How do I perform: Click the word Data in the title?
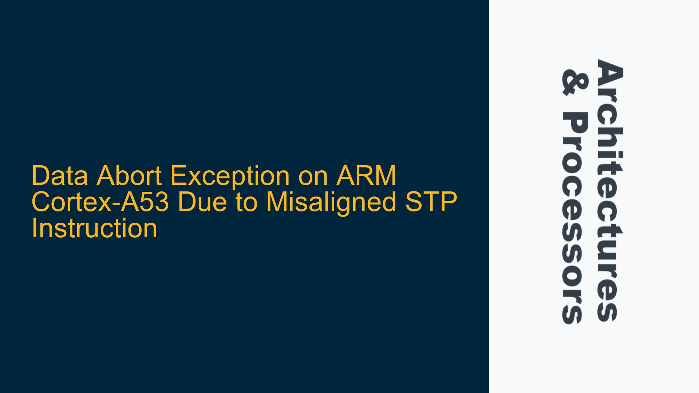(60, 176)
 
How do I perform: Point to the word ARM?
(366, 176)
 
